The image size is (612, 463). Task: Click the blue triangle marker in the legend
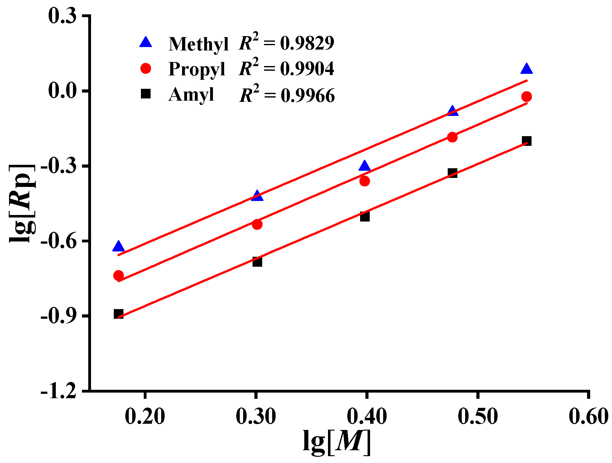pos(146,42)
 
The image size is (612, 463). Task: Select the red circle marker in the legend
pos(146,68)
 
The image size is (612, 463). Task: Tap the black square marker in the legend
pos(146,94)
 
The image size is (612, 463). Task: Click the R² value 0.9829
pos(307,43)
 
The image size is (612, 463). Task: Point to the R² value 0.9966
pos(308,95)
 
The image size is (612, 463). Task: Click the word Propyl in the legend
pos(196,69)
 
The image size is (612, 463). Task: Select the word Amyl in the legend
pos(191,94)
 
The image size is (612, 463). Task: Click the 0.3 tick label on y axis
pos(62,16)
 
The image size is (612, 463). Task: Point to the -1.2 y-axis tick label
pos(59,390)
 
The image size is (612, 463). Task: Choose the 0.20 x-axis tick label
pos(145,416)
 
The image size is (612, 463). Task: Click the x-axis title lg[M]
pos(337,442)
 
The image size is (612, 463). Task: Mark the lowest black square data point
pos(118,313)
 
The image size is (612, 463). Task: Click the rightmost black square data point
pos(527,141)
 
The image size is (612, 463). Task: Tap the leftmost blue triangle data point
pos(118,246)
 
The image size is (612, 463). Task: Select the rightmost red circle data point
pos(527,97)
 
